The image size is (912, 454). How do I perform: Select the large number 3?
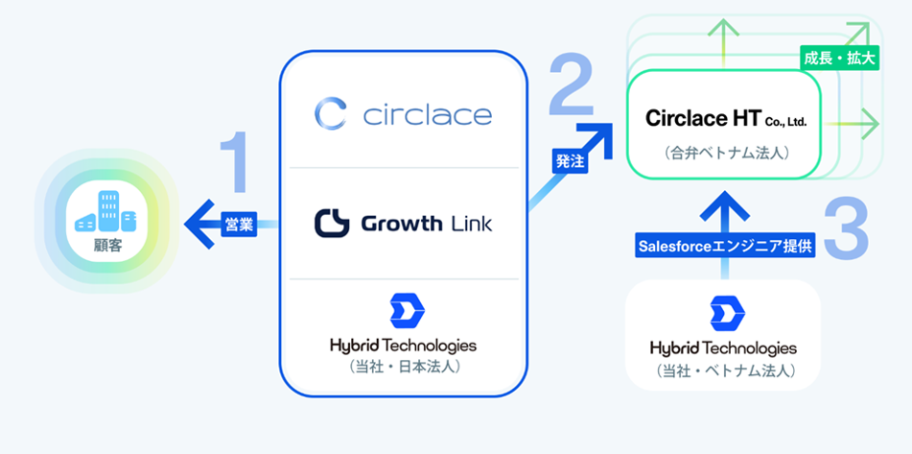(846, 227)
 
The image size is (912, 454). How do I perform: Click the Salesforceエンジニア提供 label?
(725, 246)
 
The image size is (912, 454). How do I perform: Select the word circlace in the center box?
(428, 116)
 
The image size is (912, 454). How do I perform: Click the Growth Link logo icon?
(332, 224)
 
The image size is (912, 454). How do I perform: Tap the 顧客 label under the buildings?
(106, 246)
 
